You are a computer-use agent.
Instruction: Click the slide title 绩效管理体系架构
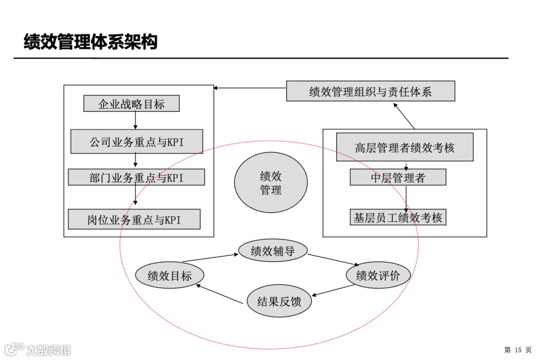[x=90, y=42]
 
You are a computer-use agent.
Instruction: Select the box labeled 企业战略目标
[x=131, y=104]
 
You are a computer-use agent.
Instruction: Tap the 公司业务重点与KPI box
[x=136, y=142]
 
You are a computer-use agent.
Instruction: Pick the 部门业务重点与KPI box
[x=136, y=177]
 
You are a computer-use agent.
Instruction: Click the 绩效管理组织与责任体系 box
[x=371, y=92]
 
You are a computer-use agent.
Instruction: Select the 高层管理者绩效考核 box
[x=404, y=147]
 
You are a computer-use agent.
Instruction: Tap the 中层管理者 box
[x=398, y=177]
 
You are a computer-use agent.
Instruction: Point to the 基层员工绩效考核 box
[x=398, y=217]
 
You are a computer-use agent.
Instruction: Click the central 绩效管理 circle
[x=271, y=183]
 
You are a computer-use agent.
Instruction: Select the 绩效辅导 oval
[x=272, y=251]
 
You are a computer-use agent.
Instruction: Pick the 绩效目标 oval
[x=170, y=276]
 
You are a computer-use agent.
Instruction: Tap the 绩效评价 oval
[x=378, y=276]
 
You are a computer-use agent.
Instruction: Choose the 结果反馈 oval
[x=279, y=302]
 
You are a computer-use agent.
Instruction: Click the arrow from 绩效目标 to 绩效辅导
[x=210, y=258]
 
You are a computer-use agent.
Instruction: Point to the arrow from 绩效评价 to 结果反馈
[x=333, y=290]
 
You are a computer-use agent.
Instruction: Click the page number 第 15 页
[x=518, y=350]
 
